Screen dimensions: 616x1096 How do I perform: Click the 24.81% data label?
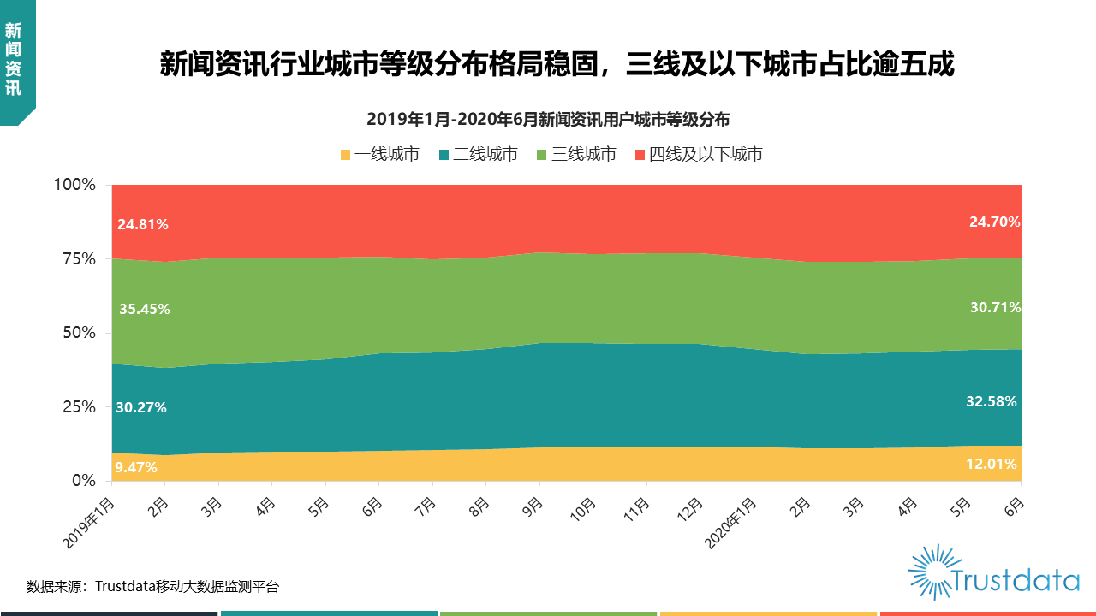[143, 225]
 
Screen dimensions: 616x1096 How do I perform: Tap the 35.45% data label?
[143, 309]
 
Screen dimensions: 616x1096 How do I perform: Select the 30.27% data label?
[141, 407]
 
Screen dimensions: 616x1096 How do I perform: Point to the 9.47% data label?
[137, 467]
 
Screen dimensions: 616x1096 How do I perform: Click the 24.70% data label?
[994, 222]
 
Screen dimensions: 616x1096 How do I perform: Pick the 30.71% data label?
[994, 306]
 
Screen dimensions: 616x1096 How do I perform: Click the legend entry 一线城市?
[379, 155]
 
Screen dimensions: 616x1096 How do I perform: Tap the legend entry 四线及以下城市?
[698, 155]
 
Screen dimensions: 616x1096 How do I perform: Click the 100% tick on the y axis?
[75, 185]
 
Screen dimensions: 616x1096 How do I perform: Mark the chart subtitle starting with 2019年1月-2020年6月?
[548, 119]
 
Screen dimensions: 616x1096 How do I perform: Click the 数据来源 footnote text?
[152, 587]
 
